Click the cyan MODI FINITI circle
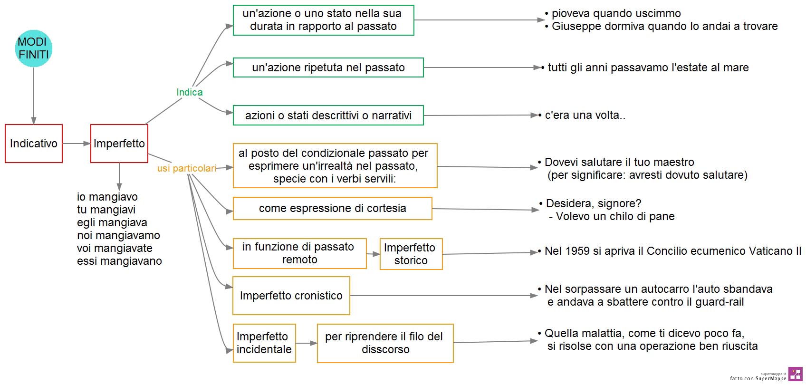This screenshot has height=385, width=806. [33, 48]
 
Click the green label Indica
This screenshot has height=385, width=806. [189, 92]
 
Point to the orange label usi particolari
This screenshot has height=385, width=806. [187, 168]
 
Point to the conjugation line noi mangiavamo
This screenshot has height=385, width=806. [118, 235]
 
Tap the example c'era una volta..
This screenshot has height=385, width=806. [585, 115]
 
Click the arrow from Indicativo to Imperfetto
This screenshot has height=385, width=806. [77, 144]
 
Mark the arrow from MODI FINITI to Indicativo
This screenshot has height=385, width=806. [34, 96]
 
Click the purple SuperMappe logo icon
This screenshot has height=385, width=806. [795, 374]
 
